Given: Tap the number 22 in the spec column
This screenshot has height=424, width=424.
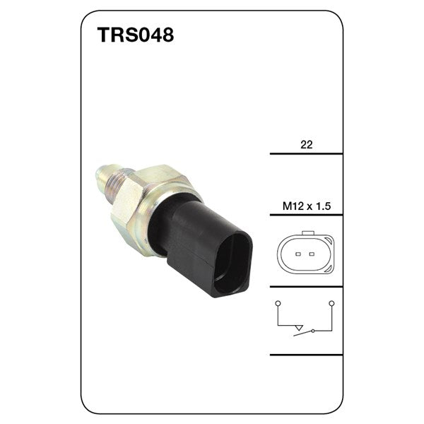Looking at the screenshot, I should [x=306, y=144].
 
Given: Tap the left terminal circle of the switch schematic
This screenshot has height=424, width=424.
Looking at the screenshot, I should [x=278, y=302].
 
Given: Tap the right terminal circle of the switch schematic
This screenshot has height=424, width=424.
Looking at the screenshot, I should [x=332, y=302].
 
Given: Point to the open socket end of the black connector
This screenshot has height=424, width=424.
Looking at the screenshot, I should [x=233, y=266].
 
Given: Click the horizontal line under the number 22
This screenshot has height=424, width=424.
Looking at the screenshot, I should [x=306, y=153].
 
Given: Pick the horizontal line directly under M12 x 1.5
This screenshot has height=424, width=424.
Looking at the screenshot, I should [x=306, y=216].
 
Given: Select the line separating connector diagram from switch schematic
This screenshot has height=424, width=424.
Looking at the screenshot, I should [x=306, y=286].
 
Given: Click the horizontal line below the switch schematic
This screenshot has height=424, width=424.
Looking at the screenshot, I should [x=306, y=354].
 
